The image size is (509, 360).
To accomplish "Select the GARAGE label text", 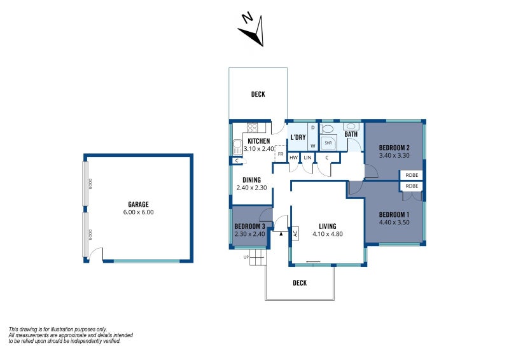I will (x=138, y=204).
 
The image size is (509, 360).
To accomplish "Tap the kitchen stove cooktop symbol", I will (x=251, y=127).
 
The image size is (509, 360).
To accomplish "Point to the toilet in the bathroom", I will (x=328, y=128).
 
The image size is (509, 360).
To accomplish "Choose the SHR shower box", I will (x=328, y=143).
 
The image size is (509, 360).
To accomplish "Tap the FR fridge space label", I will (x=280, y=154).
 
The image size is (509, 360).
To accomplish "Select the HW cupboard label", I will (x=293, y=157).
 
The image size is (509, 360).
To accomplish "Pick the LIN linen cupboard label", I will (x=307, y=157).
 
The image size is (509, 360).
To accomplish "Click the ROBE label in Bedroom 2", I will (x=412, y=174).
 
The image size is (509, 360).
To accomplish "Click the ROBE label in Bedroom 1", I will (x=412, y=186).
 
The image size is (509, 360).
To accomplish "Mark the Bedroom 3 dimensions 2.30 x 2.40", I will (x=249, y=234).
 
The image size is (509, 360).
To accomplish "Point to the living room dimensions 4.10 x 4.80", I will (x=328, y=234).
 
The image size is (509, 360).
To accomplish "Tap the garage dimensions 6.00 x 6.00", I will (x=138, y=212).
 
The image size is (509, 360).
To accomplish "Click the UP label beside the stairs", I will (x=246, y=257).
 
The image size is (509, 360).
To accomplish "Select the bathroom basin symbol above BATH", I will (x=351, y=126).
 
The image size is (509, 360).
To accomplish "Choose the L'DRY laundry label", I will (x=298, y=138).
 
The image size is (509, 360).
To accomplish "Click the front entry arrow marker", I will (x=281, y=233).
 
